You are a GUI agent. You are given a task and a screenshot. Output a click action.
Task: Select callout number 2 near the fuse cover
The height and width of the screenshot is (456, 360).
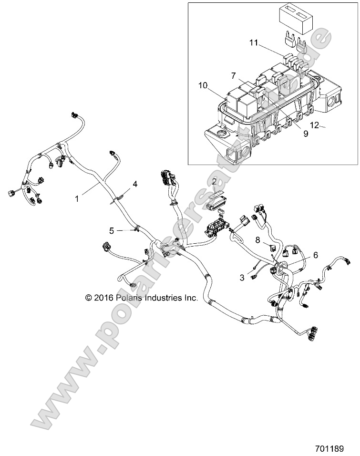coord(214,181)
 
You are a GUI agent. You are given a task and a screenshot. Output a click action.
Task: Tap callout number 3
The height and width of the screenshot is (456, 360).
coord(242,277)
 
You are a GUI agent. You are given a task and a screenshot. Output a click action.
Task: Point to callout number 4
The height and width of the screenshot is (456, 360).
coord(135,184)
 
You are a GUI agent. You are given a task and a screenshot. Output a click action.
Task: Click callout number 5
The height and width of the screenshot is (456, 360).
coord(112,231)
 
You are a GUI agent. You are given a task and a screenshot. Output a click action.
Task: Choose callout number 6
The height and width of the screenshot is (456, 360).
coord(315,256)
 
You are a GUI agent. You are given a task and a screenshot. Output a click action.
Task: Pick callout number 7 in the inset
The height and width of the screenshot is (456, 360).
coord(234,76)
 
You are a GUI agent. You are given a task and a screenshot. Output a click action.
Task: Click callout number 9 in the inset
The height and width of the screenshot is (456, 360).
coord(305,134)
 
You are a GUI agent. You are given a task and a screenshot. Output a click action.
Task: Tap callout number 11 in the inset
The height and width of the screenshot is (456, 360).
coord(254,43)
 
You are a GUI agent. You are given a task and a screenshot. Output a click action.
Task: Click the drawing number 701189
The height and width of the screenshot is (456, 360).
coord(337,448)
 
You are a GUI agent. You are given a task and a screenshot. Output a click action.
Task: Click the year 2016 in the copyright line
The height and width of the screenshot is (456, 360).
coord(103,298)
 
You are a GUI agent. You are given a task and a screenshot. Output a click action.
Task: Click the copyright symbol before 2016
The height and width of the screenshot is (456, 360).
coord(88,298)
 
